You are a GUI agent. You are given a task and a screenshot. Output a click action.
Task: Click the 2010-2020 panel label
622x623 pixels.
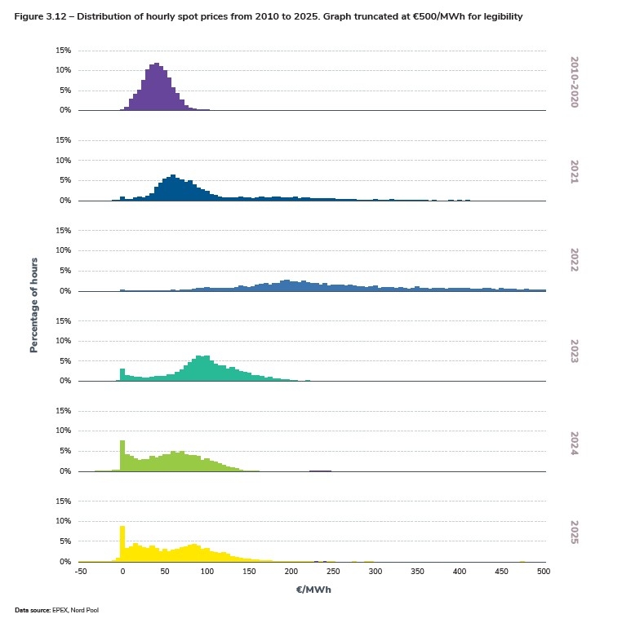pos(574,82)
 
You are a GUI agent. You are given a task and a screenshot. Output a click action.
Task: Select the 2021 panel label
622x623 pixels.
pos(574,172)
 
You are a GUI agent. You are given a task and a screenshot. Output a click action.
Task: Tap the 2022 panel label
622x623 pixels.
pos(574,263)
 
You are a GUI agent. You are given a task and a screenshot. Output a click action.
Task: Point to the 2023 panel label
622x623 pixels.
pos(574,353)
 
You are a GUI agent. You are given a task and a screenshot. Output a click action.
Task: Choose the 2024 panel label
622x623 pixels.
pos(574,443)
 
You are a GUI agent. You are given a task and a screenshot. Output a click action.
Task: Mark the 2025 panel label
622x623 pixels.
pos(574,533)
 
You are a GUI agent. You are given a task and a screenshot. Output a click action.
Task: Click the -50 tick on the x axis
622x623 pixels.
pos(80,572)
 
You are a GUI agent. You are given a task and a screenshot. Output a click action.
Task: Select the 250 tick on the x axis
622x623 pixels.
pos(333,572)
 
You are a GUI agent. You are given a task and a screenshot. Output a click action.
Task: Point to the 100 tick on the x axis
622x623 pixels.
pos(207,572)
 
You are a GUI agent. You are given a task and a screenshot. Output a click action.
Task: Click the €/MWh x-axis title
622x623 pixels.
pos(313,589)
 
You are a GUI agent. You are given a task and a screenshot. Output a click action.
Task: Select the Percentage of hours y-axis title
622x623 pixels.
pos(34,306)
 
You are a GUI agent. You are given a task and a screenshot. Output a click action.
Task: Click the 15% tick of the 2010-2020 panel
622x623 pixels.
pos(63,51)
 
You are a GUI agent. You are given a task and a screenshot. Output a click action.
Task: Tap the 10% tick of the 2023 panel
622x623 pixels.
pos(63,341)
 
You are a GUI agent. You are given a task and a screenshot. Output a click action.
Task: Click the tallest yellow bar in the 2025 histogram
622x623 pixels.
pos(122,543)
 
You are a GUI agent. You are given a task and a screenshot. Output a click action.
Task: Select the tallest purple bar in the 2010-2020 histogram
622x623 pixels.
pos(156,86)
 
